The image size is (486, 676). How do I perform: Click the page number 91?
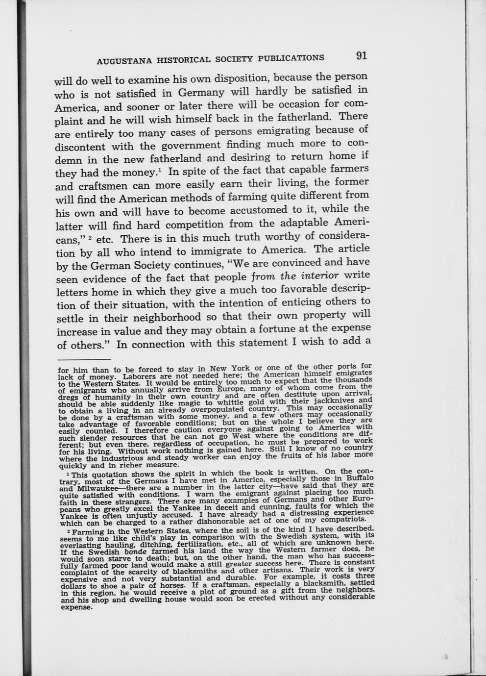362,55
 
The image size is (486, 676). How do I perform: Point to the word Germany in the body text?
201,92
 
